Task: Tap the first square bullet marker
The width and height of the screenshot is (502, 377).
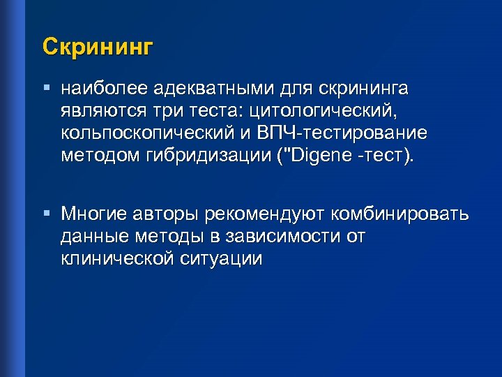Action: click(46, 89)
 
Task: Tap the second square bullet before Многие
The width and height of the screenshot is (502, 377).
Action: click(46, 211)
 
